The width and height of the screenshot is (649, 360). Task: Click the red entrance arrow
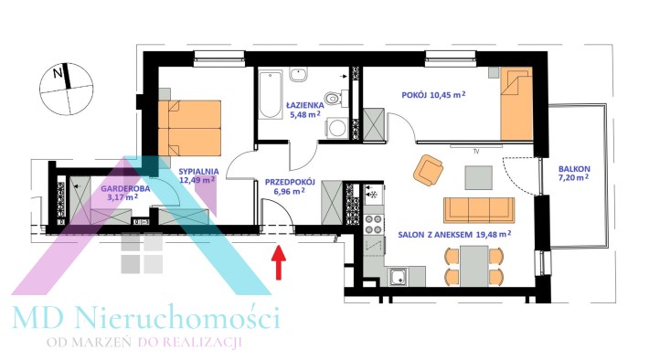click(279, 262)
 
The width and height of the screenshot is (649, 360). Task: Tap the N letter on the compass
click(58, 74)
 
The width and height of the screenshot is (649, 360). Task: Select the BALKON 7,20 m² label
click(574, 174)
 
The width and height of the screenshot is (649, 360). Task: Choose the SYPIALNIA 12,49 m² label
click(198, 175)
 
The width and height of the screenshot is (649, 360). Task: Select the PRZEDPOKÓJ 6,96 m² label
click(290, 186)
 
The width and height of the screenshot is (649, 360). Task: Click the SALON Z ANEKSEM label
click(435, 235)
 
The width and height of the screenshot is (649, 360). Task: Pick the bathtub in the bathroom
click(271, 94)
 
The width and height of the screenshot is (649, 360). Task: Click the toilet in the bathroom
click(334, 99)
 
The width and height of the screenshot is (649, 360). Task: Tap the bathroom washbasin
click(298, 75)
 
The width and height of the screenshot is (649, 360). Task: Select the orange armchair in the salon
click(429, 169)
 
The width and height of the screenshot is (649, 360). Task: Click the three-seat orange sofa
click(479, 210)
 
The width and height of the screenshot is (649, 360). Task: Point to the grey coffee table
click(478, 177)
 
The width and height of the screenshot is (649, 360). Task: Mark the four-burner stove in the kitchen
click(373, 225)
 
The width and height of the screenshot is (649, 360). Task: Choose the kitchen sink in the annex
click(399, 277)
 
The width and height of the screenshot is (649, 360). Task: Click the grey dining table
click(473, 266)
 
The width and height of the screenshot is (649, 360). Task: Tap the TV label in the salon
click(476, 152)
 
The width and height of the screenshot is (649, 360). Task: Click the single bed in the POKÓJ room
click(516, 104)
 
